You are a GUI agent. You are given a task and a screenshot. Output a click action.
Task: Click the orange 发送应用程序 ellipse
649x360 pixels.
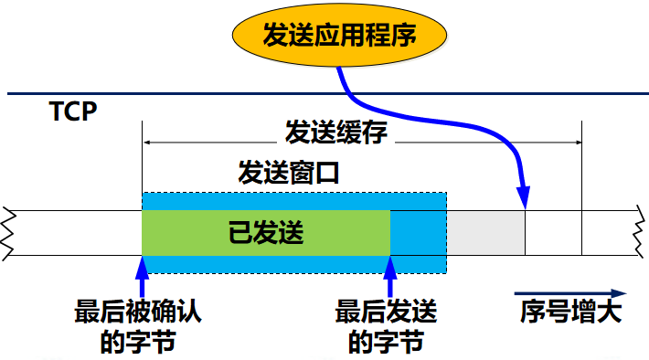[339, 36]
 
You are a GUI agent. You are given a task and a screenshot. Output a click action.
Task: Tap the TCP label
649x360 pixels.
[72, 112]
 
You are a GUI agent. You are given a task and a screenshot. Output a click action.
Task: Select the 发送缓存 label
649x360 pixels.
[336, 132]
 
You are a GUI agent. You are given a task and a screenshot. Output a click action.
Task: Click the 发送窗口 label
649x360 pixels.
[289, 172]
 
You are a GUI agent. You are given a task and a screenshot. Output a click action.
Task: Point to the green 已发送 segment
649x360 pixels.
[266, 233]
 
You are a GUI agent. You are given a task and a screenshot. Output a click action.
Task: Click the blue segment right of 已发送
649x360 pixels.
[418, 233]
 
